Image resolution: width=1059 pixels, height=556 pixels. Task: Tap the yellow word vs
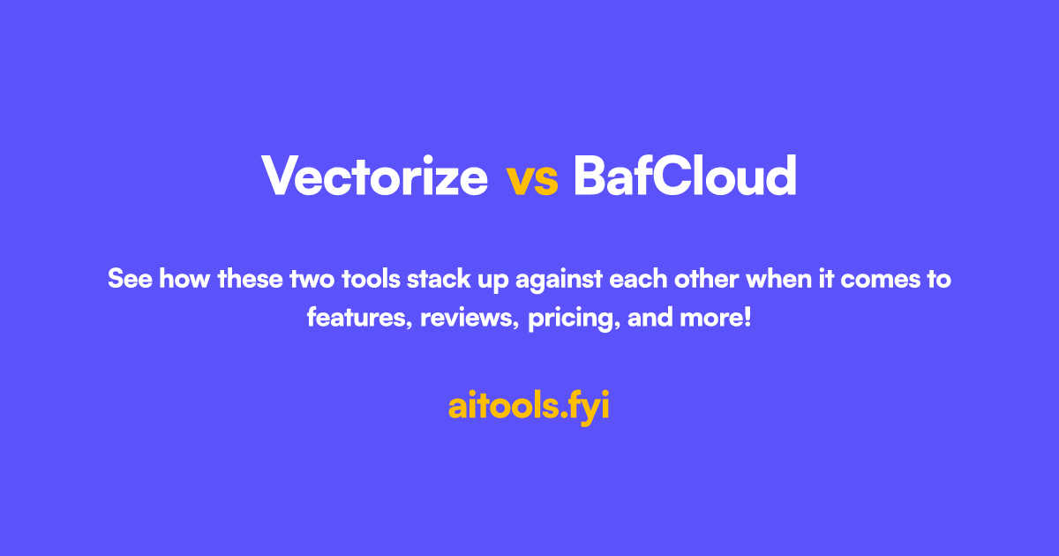click(x=532, y=178)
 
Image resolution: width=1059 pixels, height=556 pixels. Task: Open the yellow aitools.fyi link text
click(x=529, y=407)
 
